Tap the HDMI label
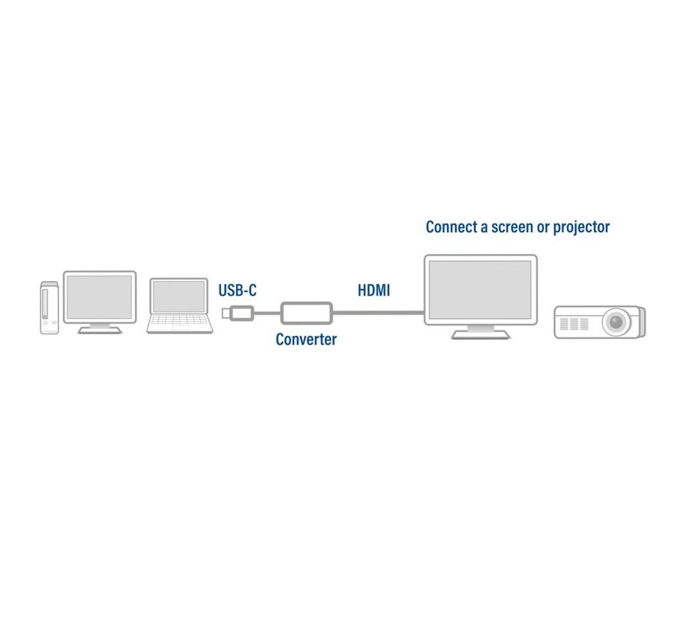[374, 290]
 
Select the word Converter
[306, 340]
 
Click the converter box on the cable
[306, 313]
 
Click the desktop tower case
[49, 307]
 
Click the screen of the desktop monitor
[99, 297]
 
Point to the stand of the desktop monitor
[99, 328]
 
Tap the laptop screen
[179, 297]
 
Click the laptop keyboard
[178, 320]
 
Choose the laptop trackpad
[178, 328]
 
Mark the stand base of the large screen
[481, 335]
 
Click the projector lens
[615, 321]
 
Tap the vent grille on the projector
[575, 324]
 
